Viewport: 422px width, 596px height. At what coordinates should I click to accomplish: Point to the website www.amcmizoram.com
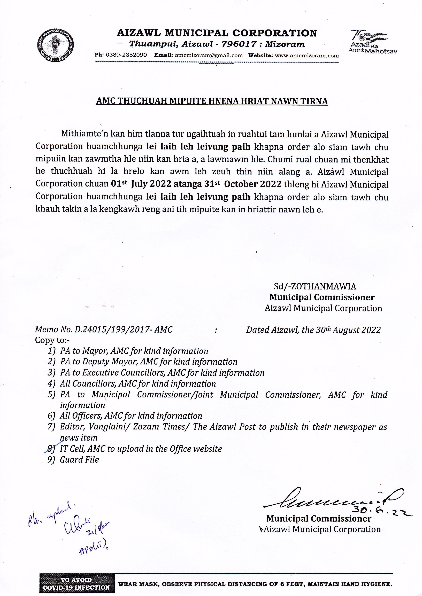point(307,55)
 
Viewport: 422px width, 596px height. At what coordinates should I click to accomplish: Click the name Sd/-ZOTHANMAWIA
point(315,286)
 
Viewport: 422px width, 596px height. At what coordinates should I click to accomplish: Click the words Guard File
point(79,460)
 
